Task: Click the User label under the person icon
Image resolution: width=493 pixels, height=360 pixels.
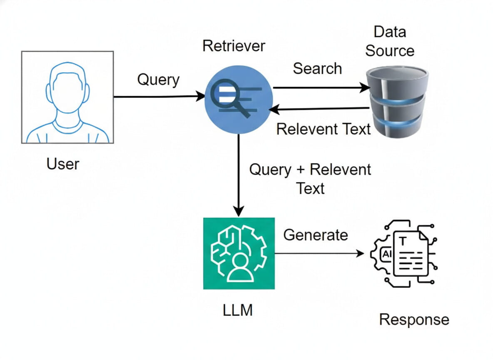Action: pyautogui.click(x=63, y=164)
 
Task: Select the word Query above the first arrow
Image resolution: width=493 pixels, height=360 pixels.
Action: pyautogui.click(x=158, y=79)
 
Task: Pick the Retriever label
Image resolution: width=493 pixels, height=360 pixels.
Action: pyautogui.click(x=234, y=46)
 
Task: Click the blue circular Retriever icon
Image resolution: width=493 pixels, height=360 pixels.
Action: pyautogui.click(x=239, y=100)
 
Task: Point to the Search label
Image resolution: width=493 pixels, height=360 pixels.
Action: pyautogui.click(x=317, y=69)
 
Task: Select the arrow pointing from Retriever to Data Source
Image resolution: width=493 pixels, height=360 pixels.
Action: pyautogui.click(x=321, y=87)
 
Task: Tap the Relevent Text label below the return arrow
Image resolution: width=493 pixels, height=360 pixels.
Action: pyautogui.click(x=324, y=129)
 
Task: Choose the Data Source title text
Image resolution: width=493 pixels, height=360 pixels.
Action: pyautogui.click(x=390, y=41)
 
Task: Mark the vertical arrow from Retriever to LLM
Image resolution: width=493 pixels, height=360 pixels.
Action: pyautogui.click(x=238, y=175)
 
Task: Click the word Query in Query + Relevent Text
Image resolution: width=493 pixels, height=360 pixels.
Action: pyautogui.click(x=270, y=170)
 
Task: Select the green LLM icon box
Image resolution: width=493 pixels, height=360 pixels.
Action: pyautogui.click(x=239, y=253)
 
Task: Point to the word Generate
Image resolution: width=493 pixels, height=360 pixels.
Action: pyautogui.click(x=316, y=235)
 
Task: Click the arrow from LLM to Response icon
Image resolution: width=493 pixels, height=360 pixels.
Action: pyautogui.click(x=319, y=253)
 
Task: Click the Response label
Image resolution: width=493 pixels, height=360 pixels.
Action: pyautogui.click(x=414, y=320)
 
